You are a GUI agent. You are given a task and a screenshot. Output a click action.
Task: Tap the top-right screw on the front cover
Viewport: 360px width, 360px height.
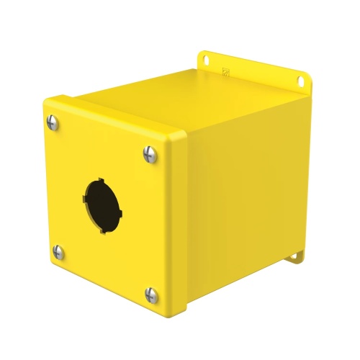(150, 153)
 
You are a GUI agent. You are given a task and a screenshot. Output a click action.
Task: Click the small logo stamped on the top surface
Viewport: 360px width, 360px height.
(226, 71)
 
